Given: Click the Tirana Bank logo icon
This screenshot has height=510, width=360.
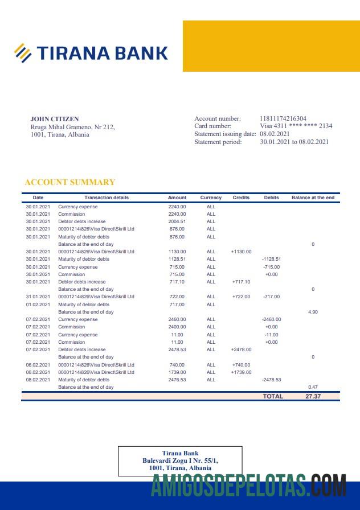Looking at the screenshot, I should coord(23,52).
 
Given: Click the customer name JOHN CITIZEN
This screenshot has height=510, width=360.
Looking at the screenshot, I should coord(55,120).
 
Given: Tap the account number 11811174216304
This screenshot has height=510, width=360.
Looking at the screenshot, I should coord(283,119).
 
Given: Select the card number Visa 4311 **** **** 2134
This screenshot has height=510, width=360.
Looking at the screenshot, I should coord(296,126).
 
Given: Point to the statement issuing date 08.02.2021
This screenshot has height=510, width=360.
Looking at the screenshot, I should coord(275,134).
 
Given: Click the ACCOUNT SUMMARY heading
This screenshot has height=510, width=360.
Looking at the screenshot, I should coord(70,183).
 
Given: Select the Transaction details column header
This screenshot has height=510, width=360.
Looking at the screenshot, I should coord(107,198).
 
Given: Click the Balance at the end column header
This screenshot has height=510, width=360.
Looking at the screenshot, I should coord(313,198).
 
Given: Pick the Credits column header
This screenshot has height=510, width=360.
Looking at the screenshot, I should coord(241,198).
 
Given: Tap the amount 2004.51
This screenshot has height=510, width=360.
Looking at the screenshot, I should coord(177,221).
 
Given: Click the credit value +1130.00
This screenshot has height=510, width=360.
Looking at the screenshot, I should coord(241,252).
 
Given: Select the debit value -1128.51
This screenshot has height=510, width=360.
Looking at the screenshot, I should coord(271,259).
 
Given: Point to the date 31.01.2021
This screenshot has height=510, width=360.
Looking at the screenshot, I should coord(38,297).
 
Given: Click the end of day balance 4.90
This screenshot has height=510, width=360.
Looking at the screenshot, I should coord(313,312).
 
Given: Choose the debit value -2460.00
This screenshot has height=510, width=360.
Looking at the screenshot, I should coord(271,319).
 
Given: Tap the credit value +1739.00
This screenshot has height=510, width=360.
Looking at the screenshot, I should coord(241,372).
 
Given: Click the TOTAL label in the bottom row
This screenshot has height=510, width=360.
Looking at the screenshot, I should coord(272,396).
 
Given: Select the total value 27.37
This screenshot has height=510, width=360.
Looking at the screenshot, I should coord(313,396).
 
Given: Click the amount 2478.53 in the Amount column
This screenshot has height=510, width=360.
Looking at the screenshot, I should coord(177,349).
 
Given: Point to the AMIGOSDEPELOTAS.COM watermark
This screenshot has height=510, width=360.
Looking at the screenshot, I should coord(248,486).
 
